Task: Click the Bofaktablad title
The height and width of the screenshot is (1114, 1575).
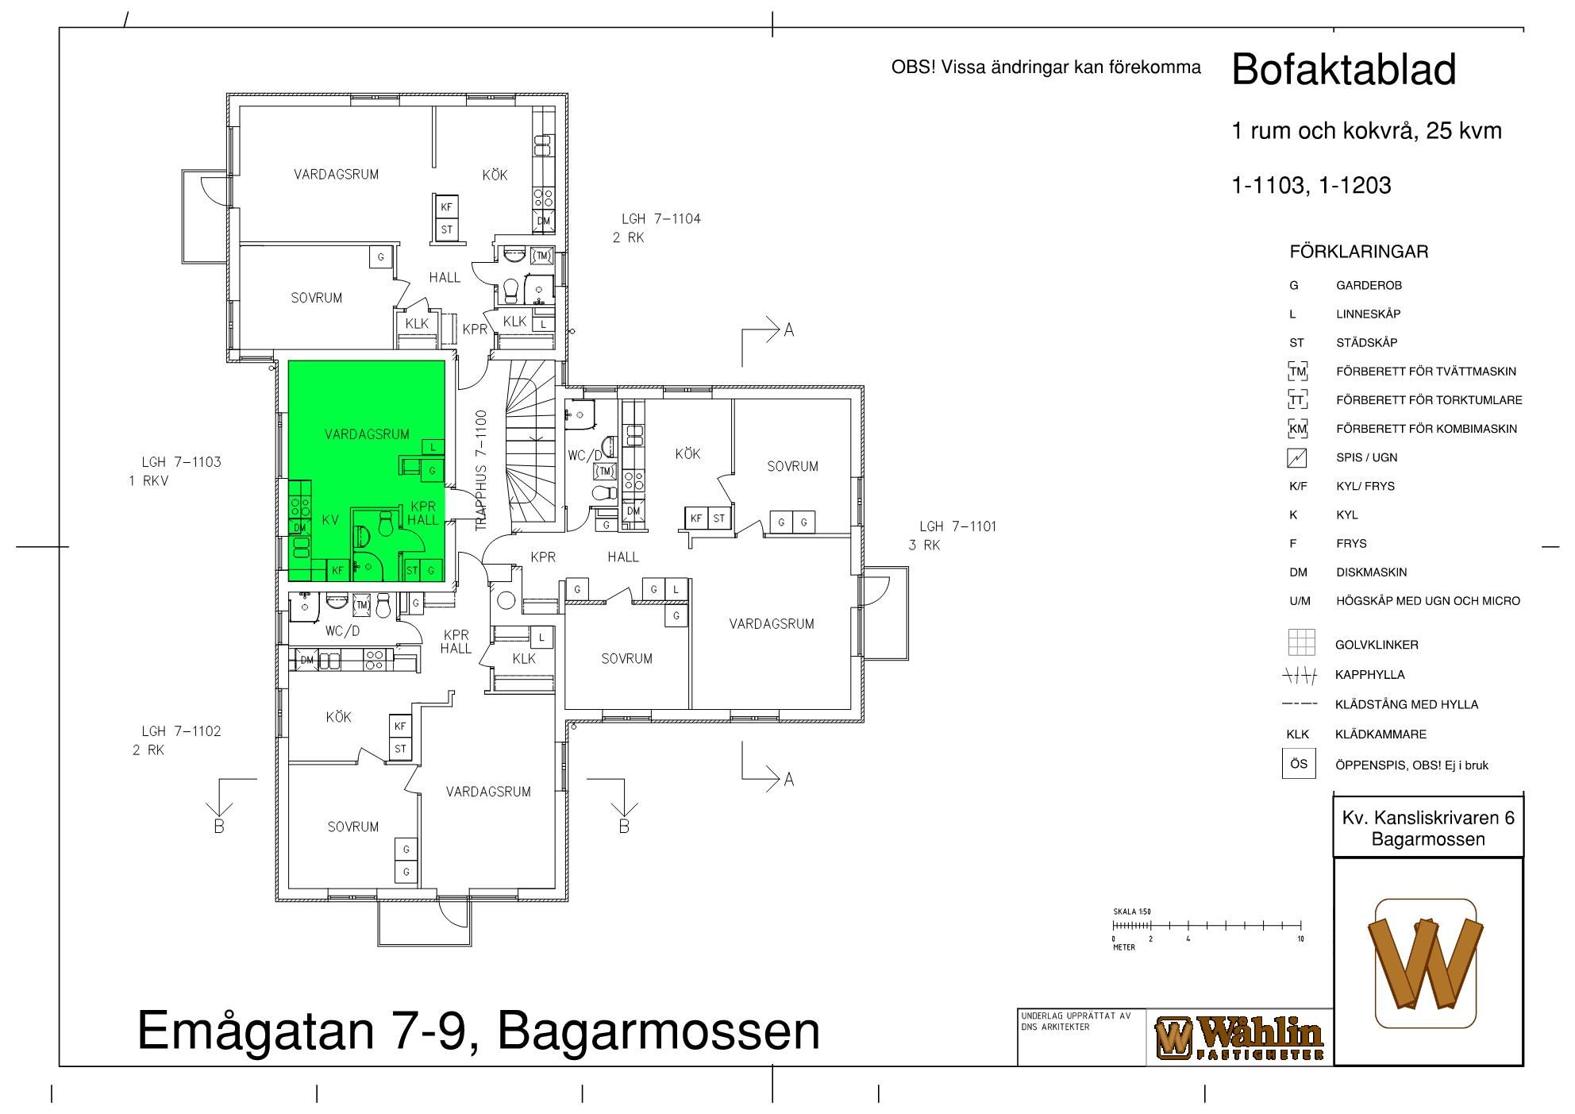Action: point(1344,69)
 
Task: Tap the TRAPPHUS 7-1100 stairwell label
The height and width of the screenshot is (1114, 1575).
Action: point(482,470)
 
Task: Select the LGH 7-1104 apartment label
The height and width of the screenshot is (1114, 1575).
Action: point(661,219)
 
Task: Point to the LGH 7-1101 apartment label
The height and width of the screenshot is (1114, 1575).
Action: point(958,526)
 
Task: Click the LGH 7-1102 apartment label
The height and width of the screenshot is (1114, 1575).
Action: point(182,731)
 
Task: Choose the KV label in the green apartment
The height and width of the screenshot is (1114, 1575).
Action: point(330,521)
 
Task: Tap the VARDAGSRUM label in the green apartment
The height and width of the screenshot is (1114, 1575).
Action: point(367,434)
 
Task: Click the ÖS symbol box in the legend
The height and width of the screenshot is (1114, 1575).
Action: point(1299,764)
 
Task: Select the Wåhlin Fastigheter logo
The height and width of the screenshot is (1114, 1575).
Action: point(1239,1038)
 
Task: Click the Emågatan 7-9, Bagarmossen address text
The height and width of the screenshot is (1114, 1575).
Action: point(479,1031)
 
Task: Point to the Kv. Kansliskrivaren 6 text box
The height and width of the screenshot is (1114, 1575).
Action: point(1428,827)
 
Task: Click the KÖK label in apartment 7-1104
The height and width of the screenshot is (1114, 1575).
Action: point(495,175)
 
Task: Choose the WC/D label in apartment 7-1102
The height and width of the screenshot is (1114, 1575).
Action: point(342,631)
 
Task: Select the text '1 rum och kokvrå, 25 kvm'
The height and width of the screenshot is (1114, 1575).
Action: point(1366,131)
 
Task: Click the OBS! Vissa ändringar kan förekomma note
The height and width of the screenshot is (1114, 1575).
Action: point(1046,67)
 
